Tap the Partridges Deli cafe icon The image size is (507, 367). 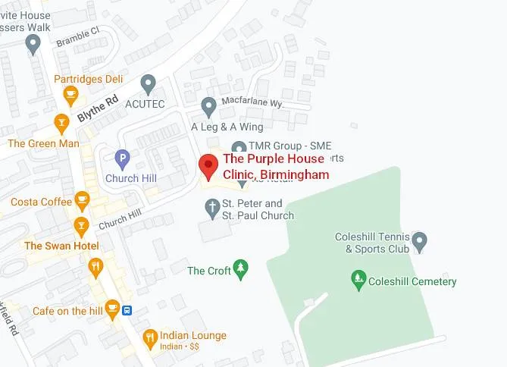(70, 95)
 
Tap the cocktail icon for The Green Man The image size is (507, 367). (61, 122)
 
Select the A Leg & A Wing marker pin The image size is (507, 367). (209, 105)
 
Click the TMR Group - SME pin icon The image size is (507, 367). (239, 148)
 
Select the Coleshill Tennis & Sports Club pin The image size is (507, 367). (421, 243)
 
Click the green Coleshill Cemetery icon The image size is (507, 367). (358, 281)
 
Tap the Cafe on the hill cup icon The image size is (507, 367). (112, 308)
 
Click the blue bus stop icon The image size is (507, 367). (129, 310)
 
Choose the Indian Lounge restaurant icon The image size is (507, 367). (150, 337)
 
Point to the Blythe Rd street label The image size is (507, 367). (98, 108)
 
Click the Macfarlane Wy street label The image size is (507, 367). (251, 102)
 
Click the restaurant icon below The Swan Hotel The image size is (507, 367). (95, 266)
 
